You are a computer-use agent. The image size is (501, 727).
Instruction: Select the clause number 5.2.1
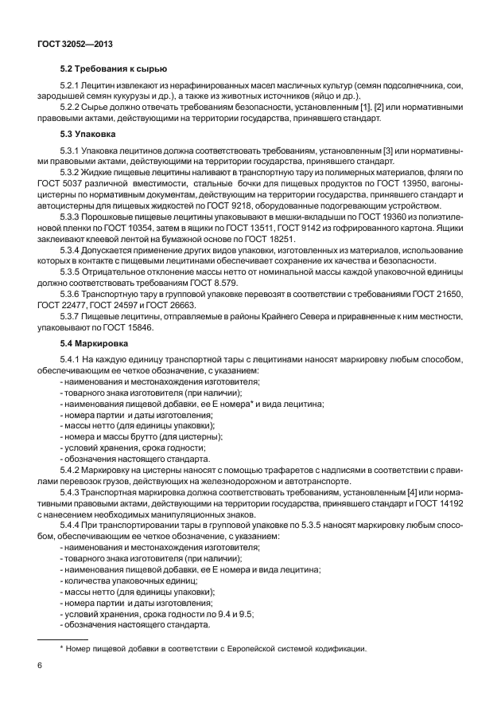[x=72, y=86]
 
